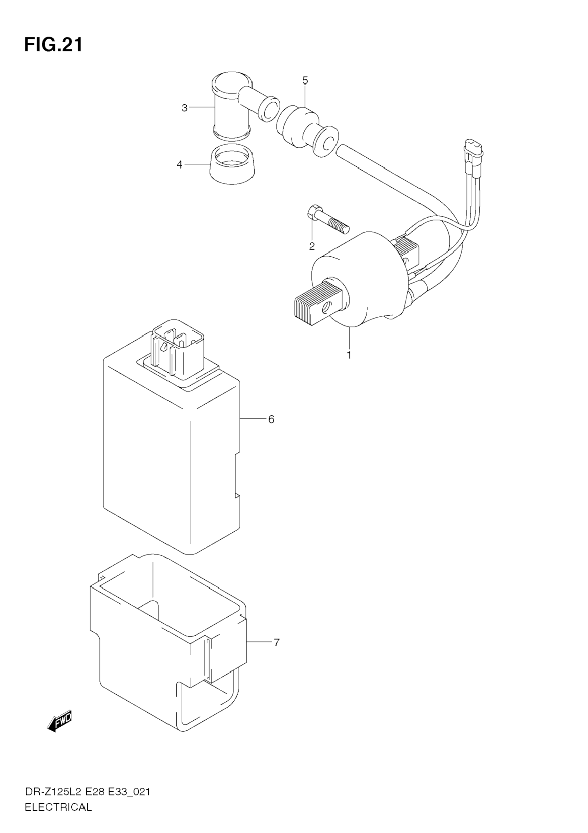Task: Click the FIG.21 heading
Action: tap(53, 45)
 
